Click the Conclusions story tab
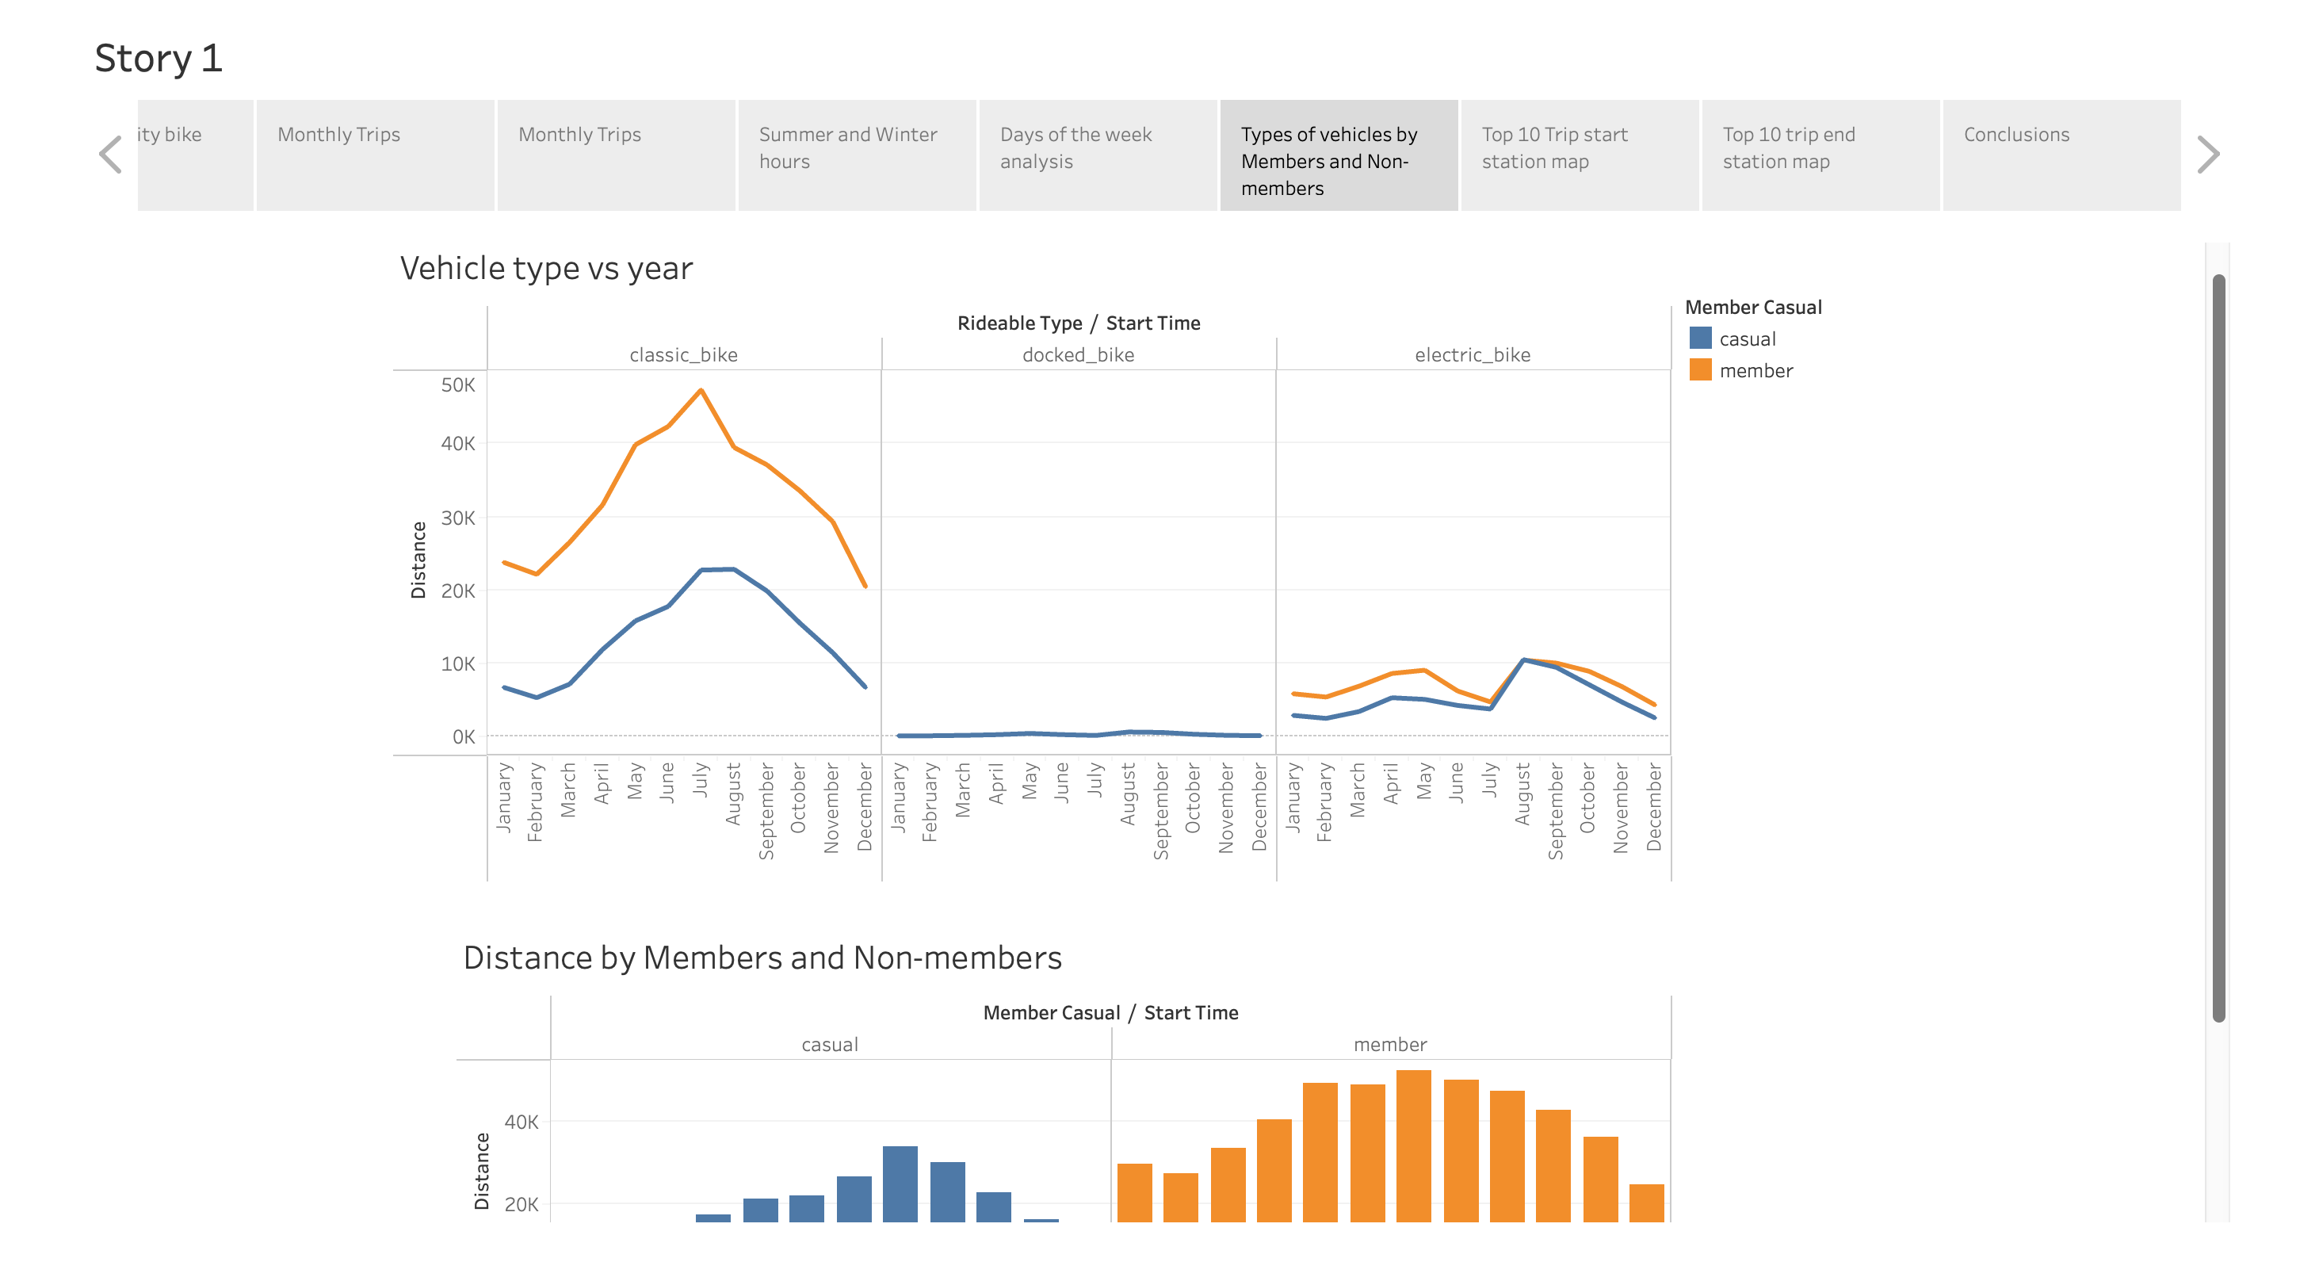point(2061,155)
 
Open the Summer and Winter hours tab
point(856,155)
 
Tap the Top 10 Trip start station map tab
point(1579,155)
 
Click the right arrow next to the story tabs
point(2207,155)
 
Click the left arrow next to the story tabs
point(110,155)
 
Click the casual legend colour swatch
point(1700,338)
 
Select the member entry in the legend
point(1755,371)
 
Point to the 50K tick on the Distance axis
point(457,385)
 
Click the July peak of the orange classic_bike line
point(701,391)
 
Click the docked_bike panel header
point(1078,354)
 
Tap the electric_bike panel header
point(1472,354)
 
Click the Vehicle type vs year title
point(545,268)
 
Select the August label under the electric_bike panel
point(1522,794)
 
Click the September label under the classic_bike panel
point(766,810)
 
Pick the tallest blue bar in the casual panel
point(900,1182)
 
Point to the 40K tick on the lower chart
point(521,1122)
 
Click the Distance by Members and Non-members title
point(762,958)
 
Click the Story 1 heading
point(159,59)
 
